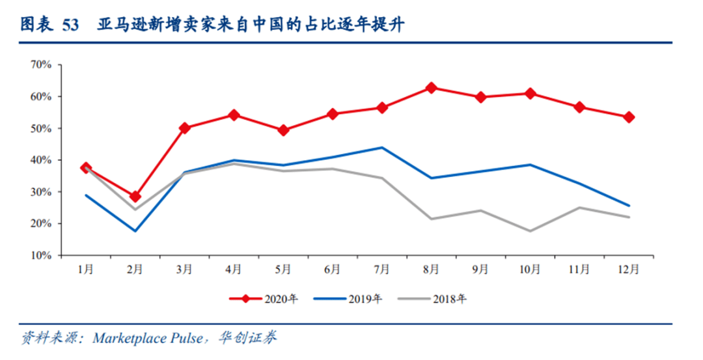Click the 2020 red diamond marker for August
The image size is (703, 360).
tap(431, 88)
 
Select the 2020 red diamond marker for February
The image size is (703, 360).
tap(135, 197)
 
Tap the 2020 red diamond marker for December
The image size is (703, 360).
tap(629, 117)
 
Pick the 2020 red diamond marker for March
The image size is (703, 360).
tap(184, 128)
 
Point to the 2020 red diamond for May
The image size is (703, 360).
tap(283, 130)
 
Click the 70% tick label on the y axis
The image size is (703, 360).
tap(40, 64)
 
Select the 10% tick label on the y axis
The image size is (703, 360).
tap(40, 255)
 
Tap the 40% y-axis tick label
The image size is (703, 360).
tap(40, 160)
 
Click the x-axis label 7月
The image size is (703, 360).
tap(382, 269)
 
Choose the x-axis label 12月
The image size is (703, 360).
tap(629, 269)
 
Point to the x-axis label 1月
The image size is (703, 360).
tap(85, 269)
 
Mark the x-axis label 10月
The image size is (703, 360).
tap(531, 269)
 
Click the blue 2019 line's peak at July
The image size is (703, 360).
tap(382, 148)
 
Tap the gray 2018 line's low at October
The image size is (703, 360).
tap(531, 231)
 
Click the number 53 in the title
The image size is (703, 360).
tap(70, 25)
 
